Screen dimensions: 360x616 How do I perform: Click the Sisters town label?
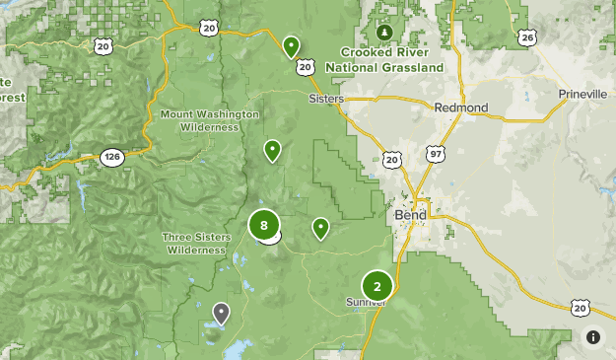(x=326, y=100)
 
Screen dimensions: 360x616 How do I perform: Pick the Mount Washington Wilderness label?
(x=210, y=120)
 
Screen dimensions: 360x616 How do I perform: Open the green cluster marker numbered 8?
(x=263, y=225)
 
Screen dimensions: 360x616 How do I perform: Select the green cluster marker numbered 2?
(x=376, y=285)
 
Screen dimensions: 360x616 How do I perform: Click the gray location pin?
(x=221, y=313)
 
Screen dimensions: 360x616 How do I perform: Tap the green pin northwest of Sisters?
(x=291, y=45)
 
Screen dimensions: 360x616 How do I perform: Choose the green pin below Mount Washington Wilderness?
(x=271, y=150)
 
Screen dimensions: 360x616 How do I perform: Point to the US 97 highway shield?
(x=436, y=154)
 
